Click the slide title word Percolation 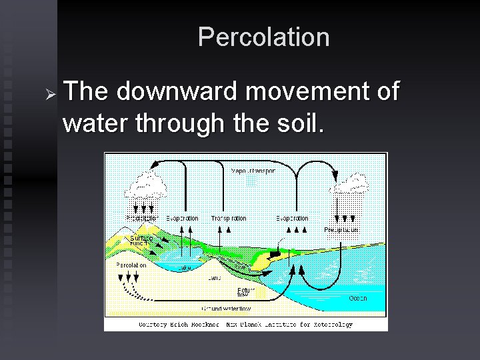(264, 37)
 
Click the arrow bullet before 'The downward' (47, 92)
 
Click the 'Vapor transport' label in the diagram (253, 171)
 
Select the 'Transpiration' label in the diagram (228, 218)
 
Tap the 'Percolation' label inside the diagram (131, 265)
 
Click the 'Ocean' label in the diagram (358, 298)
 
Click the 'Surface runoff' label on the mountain (141, 241)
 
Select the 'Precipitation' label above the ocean (341, 229)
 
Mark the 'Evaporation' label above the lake (182, 218)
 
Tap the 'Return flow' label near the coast (245, 292)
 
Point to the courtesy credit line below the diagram (245, 325)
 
